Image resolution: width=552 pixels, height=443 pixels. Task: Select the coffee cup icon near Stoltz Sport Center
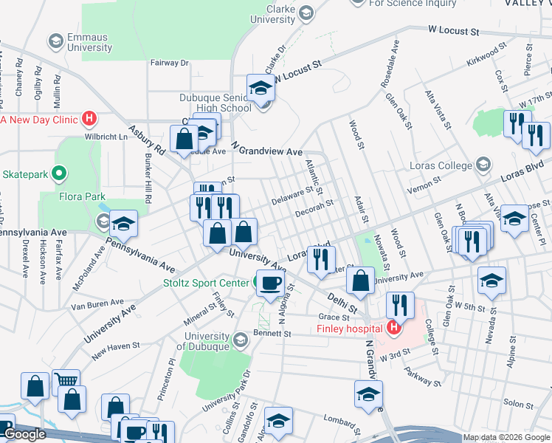coord(269,283)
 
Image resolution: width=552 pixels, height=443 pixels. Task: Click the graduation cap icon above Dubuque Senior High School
coord(261,89)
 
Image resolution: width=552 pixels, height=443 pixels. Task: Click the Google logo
coord(25,434)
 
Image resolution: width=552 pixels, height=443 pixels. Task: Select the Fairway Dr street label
coord(169,63)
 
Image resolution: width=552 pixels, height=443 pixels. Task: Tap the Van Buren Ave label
coord(97,303)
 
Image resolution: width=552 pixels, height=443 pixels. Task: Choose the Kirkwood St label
coord(491,55)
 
